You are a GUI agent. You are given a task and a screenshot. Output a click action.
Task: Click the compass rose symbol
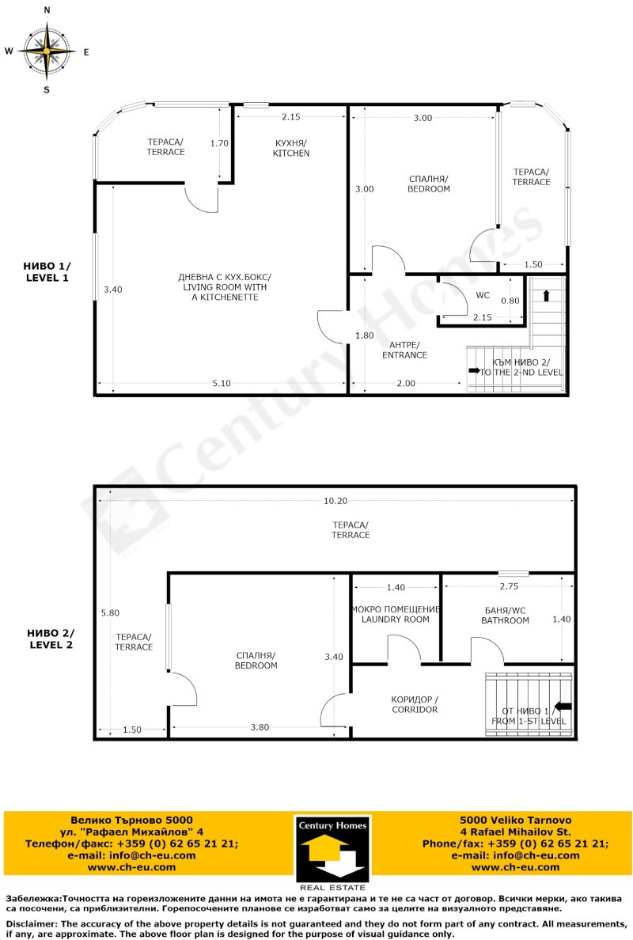point(47,51)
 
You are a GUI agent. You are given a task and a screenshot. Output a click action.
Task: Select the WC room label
point(483,295)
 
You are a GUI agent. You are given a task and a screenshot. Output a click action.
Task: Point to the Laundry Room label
point(395,614)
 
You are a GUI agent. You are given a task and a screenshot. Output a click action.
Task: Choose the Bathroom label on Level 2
point(505,616)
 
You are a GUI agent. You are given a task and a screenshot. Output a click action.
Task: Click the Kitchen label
point(291,148)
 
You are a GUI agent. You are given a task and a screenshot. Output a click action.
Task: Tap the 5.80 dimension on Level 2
point(111,612)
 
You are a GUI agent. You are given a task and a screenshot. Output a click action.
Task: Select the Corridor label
point(414,704)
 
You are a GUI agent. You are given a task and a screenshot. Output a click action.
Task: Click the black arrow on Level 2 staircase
point(563,706)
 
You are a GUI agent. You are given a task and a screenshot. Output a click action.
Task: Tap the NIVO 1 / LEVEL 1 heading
point(47,272)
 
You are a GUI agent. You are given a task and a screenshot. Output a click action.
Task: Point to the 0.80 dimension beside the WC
point(510,301)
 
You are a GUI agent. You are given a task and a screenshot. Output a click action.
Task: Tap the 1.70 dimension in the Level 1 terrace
point(219,143)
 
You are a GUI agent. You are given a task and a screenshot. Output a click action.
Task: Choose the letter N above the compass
point(47,10)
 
